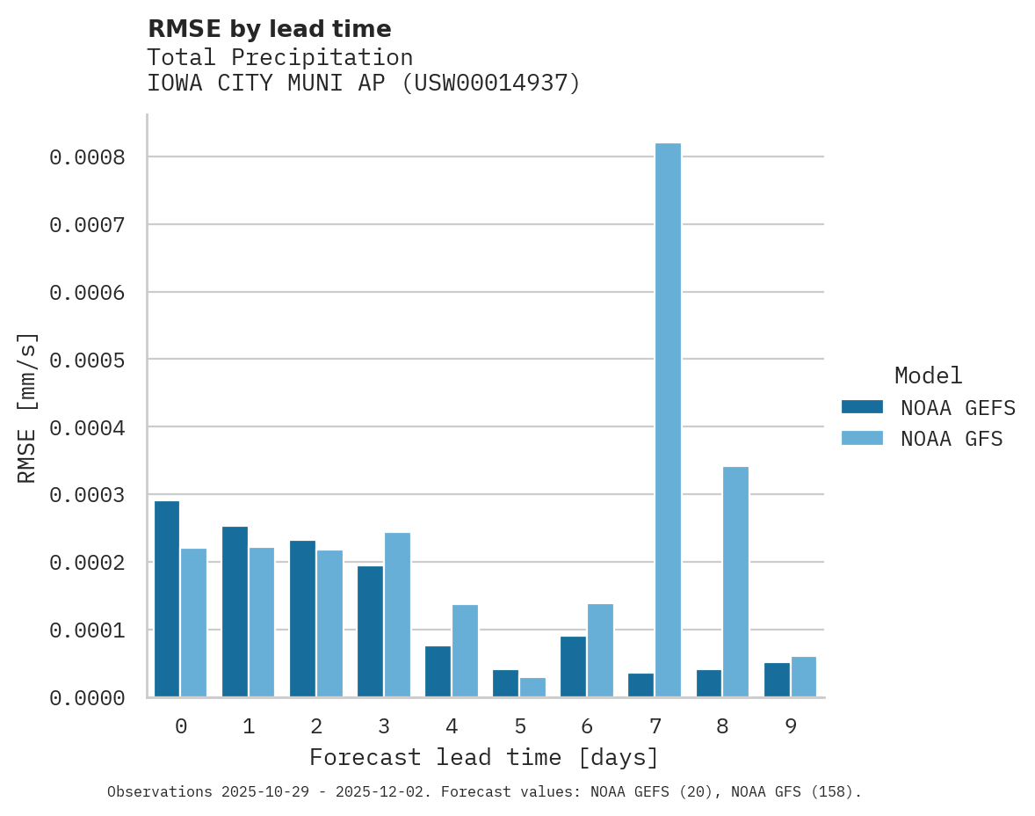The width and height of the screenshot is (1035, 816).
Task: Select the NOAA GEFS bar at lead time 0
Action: pos(167,599)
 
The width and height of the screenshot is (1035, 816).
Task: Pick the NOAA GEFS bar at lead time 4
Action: pos(438,672)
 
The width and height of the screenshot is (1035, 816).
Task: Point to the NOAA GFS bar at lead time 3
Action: pos(397,615)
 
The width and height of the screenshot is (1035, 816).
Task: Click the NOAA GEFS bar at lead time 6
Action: pos(573,667)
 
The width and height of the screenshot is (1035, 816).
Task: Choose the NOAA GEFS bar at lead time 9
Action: pos(777,680)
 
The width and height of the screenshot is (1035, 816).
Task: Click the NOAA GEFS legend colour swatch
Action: pos(862,407)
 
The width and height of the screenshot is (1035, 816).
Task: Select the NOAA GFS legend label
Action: pos(952,438)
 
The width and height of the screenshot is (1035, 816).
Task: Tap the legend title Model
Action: pos(928,375)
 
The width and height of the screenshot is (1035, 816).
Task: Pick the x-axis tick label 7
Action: pos(655,727)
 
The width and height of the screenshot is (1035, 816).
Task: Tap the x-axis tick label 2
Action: pos(316,727)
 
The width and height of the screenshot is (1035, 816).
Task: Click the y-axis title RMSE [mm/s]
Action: pos(27,407)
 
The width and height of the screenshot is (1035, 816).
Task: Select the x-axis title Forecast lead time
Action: pos(484,757)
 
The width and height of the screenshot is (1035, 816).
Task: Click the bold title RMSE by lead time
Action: pos(270,29)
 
